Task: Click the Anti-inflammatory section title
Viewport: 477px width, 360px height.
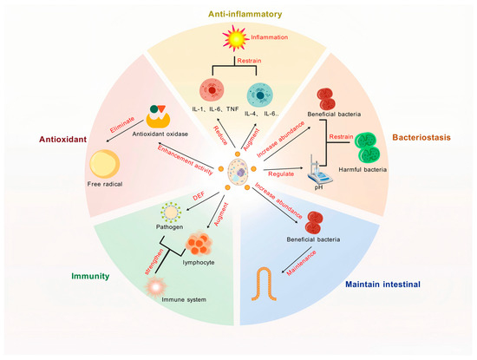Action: click(237, 14)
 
